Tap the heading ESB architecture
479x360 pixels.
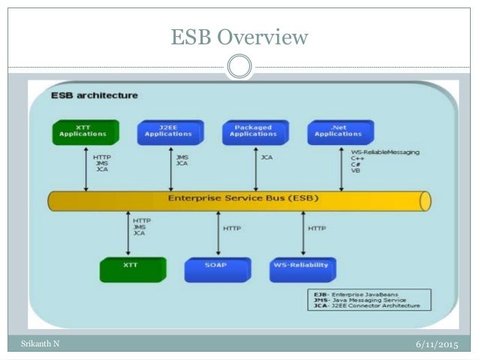tap(95, 95)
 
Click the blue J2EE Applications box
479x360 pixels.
tap(168, 132)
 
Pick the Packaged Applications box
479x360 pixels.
tap(254, 132)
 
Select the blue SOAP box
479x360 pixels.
tap(216, 267)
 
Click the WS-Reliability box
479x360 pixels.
tap(302, 267)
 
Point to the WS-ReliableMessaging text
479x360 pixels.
tap(385, 153)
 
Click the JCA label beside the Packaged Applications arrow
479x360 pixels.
tap(267, 158)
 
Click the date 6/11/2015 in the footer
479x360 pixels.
tap(437, 344)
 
